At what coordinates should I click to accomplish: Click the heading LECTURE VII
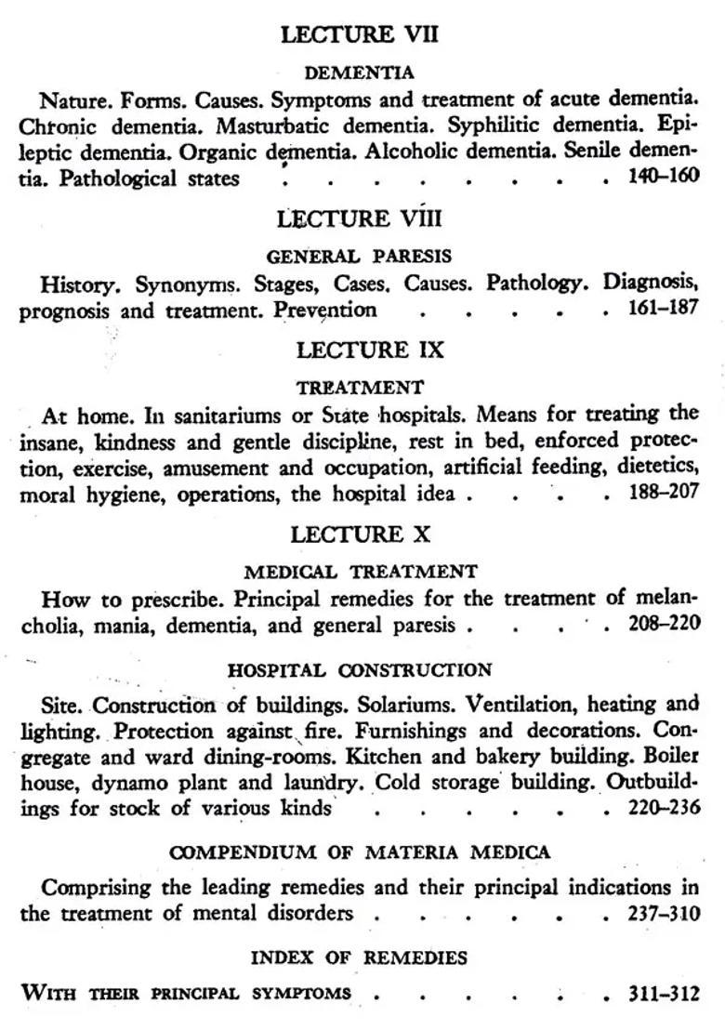point(359,35)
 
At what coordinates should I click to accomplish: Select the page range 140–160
point(664,177)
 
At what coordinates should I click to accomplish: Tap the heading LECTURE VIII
point(359,219)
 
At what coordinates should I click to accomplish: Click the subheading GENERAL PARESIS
point(359,256)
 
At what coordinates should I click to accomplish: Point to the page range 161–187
point(664,308)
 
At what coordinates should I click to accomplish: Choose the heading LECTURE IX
point(359,350)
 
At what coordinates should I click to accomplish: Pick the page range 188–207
point(664,493)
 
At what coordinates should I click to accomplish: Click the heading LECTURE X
point(359,535)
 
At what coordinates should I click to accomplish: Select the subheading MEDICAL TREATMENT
point(361,571)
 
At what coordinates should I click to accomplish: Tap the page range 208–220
point(664,624)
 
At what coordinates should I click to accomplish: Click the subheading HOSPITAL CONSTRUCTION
point(361,669)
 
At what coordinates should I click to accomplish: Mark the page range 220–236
point(664,807)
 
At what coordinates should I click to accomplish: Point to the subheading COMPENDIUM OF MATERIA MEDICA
point(361,852)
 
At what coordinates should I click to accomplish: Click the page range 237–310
point(664,913)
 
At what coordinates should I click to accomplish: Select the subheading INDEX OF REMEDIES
point(359,957)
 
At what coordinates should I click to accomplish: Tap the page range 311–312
point(664,994)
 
